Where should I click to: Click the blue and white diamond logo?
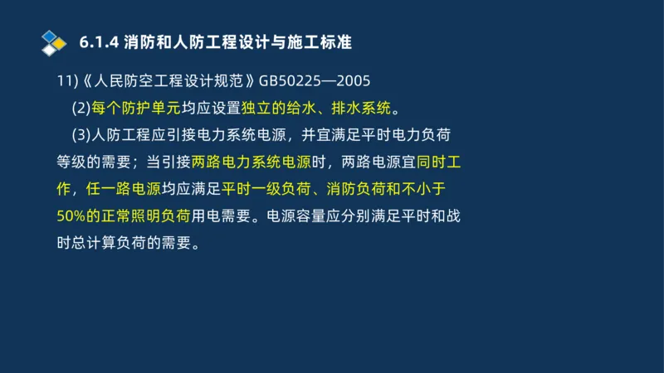pyautogui.click(x=54, y=41)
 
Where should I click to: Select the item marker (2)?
pyautogui.click(x=81, y=109)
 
